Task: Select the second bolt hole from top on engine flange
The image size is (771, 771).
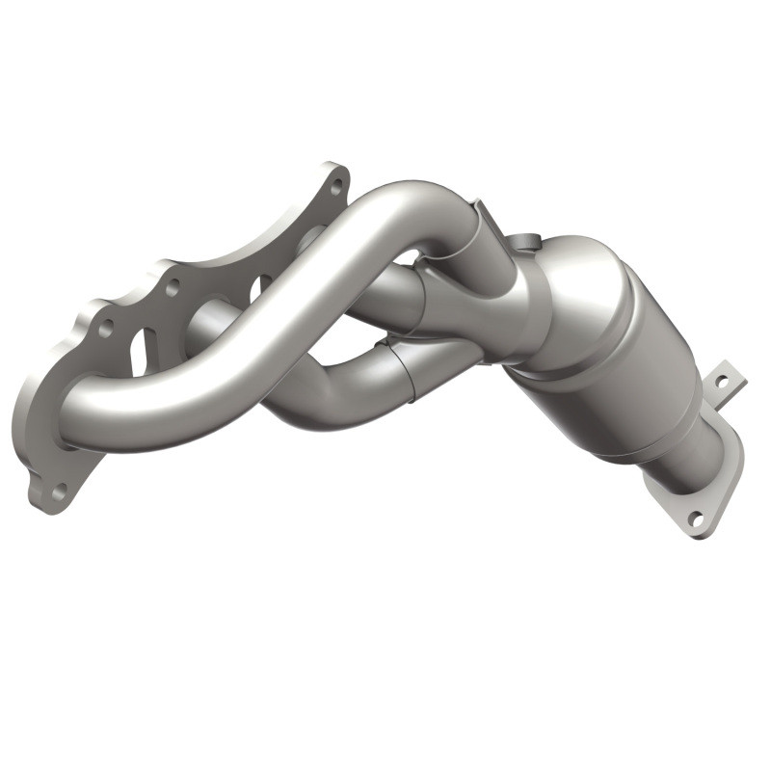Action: pyautogui.click(x=173, y=286)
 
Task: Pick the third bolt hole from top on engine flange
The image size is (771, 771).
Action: pyautogui.click(x=105, y=328)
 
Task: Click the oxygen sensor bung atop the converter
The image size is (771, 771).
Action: pyautogui.click(x=520, y=243)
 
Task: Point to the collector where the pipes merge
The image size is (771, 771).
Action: pyautogui.click(x=482, y=289)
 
